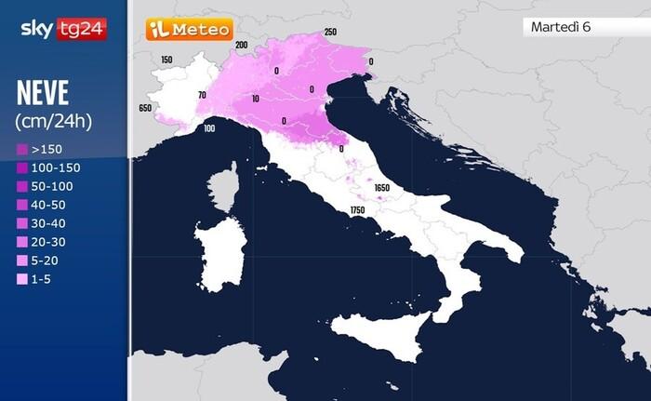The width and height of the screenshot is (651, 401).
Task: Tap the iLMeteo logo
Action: [189, 30]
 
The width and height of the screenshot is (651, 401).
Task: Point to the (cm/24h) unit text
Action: [54, 121]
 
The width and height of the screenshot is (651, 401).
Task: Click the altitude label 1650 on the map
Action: [381, 188]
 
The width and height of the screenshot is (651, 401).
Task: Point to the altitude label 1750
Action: [357, 211]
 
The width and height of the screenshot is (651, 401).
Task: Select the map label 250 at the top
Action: [330, 33]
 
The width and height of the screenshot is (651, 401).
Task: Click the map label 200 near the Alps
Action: [242, 45]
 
